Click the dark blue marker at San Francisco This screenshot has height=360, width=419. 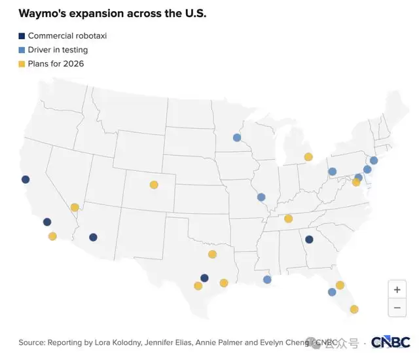(x=26, y=179)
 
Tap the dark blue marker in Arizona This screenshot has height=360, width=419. (x=93, y=238)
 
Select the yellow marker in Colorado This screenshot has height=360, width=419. (x=154, y=185)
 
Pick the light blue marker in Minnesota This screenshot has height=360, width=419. (x=237, y=137)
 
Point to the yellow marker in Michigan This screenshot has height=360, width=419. (x=308, y=156)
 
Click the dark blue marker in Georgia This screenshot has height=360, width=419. (x=309, y=240)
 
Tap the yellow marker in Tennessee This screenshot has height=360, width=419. (x=288, y=219)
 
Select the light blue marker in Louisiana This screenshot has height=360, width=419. (x=267, y=279)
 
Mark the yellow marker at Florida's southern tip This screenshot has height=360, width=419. (x=354, y=309)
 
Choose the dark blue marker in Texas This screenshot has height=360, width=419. (x=204, y=278)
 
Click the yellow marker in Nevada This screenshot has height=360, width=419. (x=75, y=207)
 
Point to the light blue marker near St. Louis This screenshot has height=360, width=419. (x=261, y=197)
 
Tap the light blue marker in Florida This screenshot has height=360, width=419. (x=332, y=292)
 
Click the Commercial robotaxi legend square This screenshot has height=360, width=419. (x=22, y=36)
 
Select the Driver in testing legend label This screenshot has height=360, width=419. (x=58, y=50)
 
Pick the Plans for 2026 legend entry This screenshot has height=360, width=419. (x=56, y=63)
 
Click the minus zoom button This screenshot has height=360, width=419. (x=397, y=307)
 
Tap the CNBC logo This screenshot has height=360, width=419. (x=390, y=342)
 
